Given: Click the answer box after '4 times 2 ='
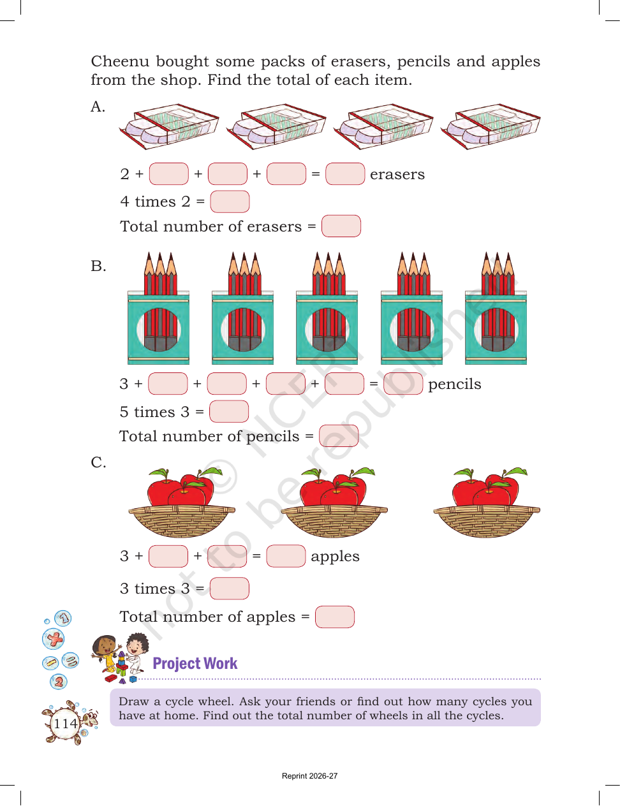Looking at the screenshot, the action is pos(230,201).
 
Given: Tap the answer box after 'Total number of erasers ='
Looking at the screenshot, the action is pos(341,226).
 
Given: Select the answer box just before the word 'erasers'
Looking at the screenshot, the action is pos(345,173).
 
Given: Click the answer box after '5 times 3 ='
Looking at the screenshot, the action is pos(229,411).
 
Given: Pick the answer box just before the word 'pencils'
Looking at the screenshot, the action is pos(403,383).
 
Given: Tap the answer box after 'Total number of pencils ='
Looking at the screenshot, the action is pos(339,436).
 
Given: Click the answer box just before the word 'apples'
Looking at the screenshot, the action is pos(286,555).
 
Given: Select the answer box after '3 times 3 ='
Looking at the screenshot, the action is pos(229,589).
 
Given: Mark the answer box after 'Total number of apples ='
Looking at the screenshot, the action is pos(335,617).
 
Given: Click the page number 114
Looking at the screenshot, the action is pos(66,723).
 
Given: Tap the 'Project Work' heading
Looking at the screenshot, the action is pos(195,664).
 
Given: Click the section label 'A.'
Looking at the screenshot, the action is pos(98,106).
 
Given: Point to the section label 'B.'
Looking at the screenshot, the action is pos(98,266).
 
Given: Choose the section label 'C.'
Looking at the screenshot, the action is pos(98,462).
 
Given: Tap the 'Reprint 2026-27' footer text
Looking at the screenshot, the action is pos(310,776).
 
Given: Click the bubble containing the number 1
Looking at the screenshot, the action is pos(63,619).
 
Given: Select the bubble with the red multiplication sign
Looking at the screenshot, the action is pos(54,639).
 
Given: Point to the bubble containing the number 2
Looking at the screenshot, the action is pos(58,682).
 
